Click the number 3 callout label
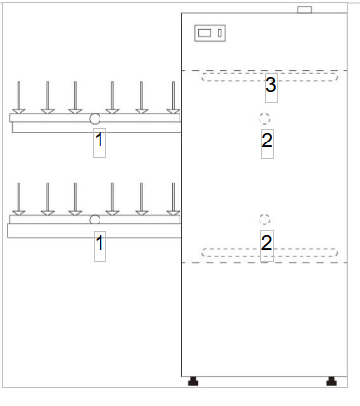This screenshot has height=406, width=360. pos(271,85)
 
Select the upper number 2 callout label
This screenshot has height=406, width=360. pos(267,141)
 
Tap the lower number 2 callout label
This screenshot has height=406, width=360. pos(266,243)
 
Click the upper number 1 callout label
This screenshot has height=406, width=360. pos(99,140)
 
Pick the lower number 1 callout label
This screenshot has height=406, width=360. pos(100,243)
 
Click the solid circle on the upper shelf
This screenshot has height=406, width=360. pos(95,119)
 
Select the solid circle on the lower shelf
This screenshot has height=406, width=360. pos(95,220)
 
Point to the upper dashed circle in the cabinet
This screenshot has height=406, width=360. pos(264,119)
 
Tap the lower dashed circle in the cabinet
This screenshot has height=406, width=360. pos(264,220)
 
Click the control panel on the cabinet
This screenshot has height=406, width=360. pos(210,33)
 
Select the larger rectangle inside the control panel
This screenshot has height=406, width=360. pos(204,33)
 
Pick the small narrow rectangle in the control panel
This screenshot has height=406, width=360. pos(220,33)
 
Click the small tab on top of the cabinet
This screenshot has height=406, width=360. pos(304,10)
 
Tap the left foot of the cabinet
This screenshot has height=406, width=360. pos(193,381)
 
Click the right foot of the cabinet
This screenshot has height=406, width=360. pos(331,381)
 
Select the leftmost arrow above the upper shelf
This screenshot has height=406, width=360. pos(19,98)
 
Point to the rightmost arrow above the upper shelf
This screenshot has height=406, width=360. pos(173,98)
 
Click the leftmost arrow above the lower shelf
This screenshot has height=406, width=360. pos(19,199)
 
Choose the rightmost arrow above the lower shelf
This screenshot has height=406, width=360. pos(173,199)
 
